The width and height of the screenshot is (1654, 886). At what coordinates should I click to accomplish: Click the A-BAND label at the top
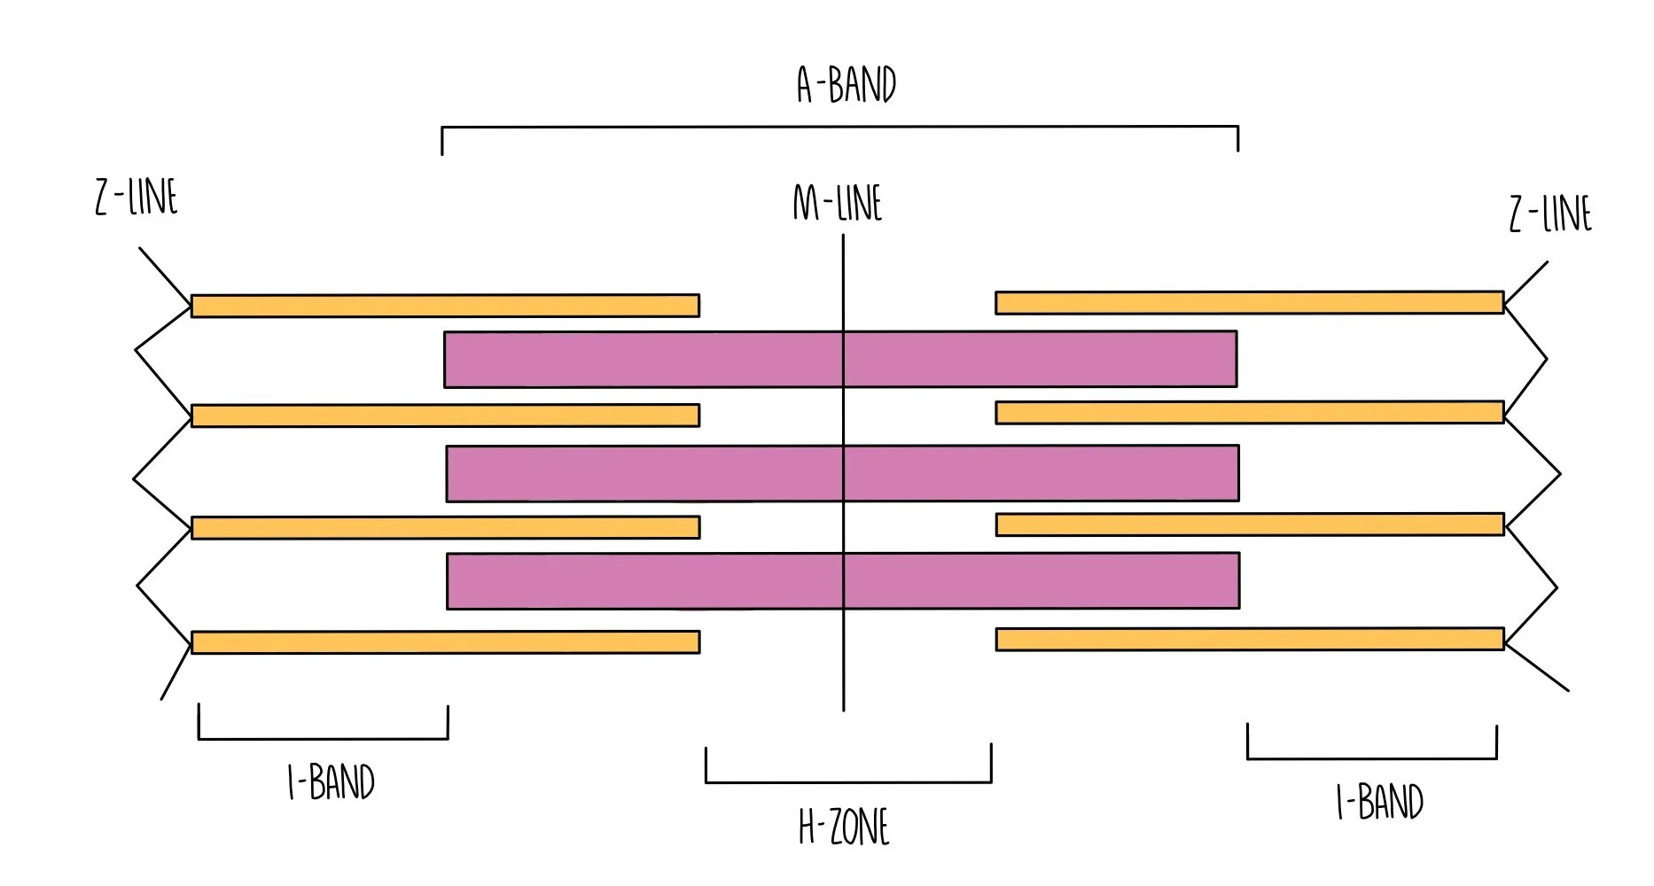(847, 85)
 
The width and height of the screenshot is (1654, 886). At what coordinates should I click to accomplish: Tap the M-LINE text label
(838, 203)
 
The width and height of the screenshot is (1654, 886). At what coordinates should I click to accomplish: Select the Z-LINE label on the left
(137, 197)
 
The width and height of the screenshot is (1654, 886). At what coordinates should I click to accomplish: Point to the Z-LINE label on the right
(1550, 214)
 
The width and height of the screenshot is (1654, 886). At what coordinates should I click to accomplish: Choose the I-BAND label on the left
(332, 782)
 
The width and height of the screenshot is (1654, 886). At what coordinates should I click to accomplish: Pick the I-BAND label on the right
(1379, 802)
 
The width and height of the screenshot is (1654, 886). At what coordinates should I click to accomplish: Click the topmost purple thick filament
(840, 359)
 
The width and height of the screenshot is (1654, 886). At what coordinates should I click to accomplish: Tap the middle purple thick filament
(842, 473)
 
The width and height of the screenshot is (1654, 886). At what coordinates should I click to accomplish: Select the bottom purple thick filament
(843, 581)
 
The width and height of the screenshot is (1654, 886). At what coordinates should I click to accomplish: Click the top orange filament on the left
(445, 306)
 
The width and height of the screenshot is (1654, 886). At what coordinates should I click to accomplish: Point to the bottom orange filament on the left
(445, 642)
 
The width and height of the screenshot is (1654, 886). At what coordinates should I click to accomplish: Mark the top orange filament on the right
(1250, 302)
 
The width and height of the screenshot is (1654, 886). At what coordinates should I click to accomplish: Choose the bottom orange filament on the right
(1250, 639)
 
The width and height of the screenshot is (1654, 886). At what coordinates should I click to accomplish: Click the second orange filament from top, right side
(1250, 412)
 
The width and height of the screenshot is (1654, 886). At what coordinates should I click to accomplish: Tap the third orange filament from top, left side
(445, 527)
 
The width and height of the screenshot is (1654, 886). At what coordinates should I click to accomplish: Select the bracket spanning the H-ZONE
(848, 781)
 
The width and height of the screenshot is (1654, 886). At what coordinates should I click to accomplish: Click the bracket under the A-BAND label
(839, 128)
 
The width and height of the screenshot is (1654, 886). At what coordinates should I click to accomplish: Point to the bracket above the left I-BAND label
(323, 737)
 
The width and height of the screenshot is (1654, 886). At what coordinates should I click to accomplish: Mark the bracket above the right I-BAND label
(1372, 758)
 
